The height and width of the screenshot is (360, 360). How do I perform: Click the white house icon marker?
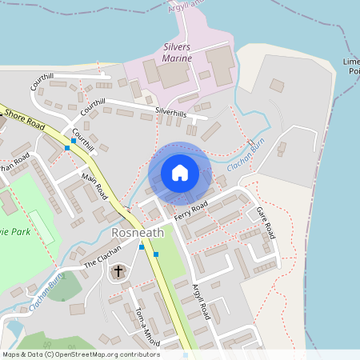tap(180, 172)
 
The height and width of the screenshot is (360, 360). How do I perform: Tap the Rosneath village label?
tap(138, 232)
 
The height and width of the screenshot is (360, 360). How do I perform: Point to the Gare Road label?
tap(266, 222)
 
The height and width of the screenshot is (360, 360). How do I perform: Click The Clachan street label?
tap(102, 255)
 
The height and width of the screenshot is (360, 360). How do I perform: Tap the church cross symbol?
tap(118, 271)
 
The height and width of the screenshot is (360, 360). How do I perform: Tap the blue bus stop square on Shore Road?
tap(74, 141)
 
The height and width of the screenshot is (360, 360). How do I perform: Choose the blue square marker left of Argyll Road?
tap(156, 254)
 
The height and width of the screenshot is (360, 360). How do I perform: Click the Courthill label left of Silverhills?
tap(93, 103)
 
